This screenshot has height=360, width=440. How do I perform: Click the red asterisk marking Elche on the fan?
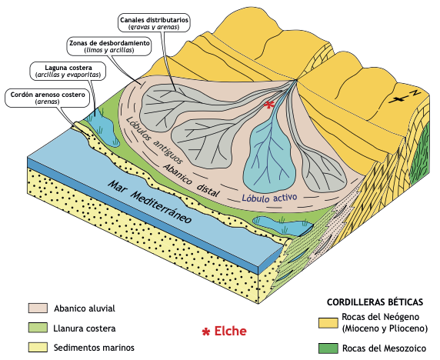269,105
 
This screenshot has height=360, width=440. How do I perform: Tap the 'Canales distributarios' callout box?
154,24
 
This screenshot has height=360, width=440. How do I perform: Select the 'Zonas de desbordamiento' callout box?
109,47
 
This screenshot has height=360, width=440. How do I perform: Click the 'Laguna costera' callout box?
68,72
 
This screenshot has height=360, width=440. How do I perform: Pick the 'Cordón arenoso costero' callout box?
48,98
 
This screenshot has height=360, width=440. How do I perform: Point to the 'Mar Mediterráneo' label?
150,202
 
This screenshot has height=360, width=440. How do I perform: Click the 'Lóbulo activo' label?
269,198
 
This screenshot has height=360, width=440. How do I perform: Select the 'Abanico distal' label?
191,181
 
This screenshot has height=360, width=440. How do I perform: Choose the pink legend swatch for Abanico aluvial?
38,308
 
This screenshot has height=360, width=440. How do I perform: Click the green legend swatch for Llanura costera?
38,328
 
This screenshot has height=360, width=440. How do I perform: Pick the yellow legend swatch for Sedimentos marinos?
38,347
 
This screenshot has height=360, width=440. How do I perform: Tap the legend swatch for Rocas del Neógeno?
328,322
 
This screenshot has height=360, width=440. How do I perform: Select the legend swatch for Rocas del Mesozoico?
328,348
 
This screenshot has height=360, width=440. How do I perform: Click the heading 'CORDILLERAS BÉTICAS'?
375,302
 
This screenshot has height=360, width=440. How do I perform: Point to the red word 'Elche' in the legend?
230,331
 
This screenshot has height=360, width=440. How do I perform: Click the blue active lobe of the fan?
269,157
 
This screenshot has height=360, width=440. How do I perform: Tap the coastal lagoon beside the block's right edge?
283,225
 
